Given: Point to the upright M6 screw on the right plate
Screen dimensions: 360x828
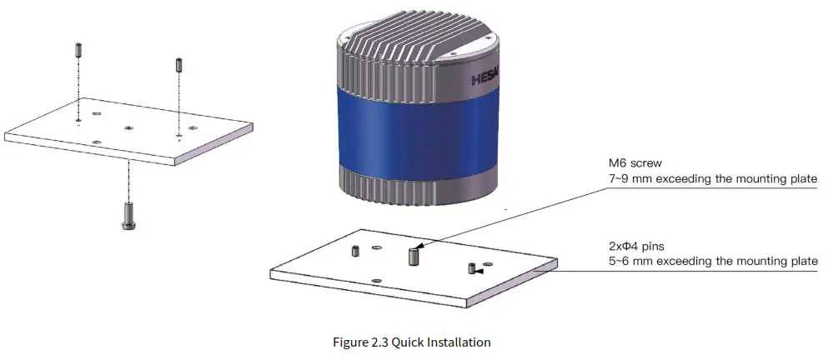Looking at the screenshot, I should pos(412,256).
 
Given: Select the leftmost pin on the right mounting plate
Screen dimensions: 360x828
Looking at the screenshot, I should pos(355,250).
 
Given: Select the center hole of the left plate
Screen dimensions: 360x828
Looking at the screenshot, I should pos(128,128).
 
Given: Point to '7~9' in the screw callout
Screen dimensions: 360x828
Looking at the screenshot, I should pos(624,178).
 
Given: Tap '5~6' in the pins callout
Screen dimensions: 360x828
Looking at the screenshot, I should pos(624,262).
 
